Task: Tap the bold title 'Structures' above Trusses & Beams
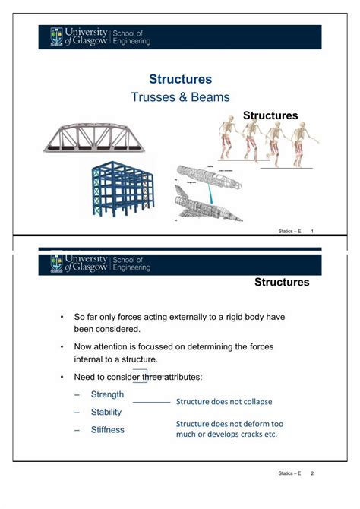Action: tap(180, 79)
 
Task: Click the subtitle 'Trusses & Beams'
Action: tap(180, 97)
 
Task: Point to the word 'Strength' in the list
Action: tap(107, 394)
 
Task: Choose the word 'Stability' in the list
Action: tap(106, 412)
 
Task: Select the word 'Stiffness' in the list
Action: tap(108, 429)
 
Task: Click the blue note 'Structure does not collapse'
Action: tap(224, 401)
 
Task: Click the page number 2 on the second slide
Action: tap(312, 473)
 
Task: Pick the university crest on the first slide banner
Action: tap(57, 36)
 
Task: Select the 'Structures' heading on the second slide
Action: tap(282, 283)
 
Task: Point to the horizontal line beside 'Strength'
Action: tap(151, 401)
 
